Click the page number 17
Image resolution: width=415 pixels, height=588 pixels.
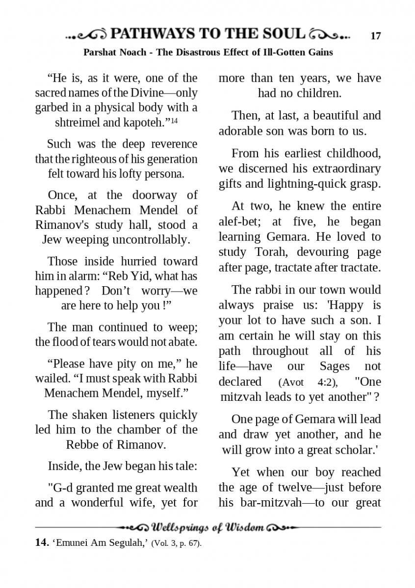(376, 36)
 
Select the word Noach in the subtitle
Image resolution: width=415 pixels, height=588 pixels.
(133, 52)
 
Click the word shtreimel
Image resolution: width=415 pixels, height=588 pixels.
(78, 123)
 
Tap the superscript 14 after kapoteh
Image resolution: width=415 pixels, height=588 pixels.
(174, 120)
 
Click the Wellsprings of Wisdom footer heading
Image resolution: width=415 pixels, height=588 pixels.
(208, 528)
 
